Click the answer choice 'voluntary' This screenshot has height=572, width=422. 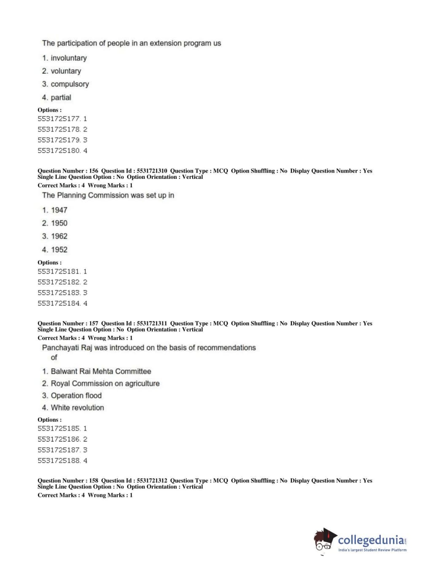pyautogui.click(x=65, y=71)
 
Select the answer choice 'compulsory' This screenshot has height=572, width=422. pyautogui.click(x=70, y=84)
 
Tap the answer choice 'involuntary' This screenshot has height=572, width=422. pyautogui.click(x=68, y=58)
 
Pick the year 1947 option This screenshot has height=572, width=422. pyautogui.click(x=59, y=210)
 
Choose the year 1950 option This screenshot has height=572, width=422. pyautogui.click(x=59, y=223)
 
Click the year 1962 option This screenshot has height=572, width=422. pyautogui.click(x=59, y=236)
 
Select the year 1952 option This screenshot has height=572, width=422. pyautogui.click(x=59, y=250)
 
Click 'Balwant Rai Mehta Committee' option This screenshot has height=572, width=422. pyautogui.click(x=101, y=372)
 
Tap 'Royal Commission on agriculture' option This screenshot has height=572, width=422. pyautogui.click(x=105, y=383)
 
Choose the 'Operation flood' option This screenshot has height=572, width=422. pyautogui.click(x=76, y=396)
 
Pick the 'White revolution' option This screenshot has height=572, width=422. pyautogui.click(x=77, y=408)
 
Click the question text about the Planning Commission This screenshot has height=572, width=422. pyautogui.click(x=108, y=195)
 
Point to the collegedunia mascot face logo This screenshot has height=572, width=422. pyautogui.click(x=324, y=540)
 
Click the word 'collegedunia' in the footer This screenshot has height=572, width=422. pyautogui.click(x=371, y=540)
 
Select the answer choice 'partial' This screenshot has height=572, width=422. pyautogui.click(x=61, y=98)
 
